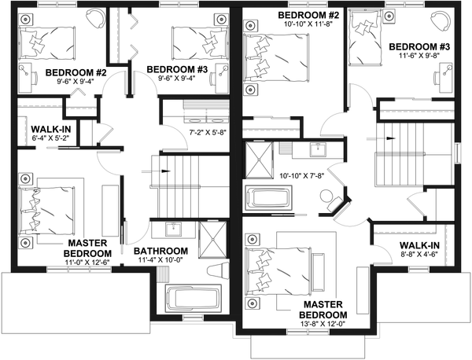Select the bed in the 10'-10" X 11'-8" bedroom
click(x=272, y=55)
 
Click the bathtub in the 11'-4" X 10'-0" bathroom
click(x=193, y=300)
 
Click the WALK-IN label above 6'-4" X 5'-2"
click(x=48, y=129)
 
